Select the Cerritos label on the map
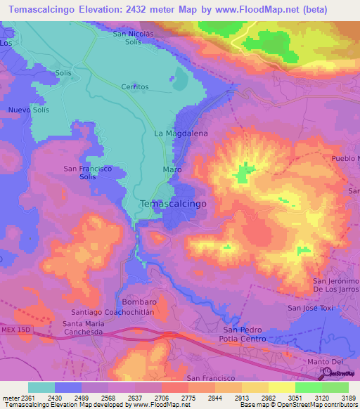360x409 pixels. coord(135,86)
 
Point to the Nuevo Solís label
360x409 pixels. coord(29,110)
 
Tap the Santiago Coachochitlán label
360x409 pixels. coord(112,311)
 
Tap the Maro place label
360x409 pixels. coord(173,170)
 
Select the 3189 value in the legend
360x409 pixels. coord(347,398)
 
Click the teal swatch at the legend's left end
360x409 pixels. coord(41,387)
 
